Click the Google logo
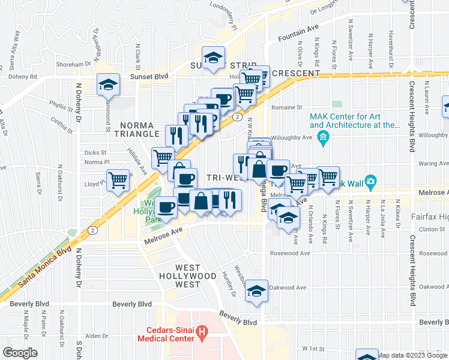[x=20, y=353]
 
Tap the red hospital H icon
[x=203, y=331]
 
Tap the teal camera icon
[x=370, y=181]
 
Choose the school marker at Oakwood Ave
[x=257, y=291]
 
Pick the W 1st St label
[x=313, y=348]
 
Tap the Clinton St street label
[x=426, y=229]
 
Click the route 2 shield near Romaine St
[x=238, y=118]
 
